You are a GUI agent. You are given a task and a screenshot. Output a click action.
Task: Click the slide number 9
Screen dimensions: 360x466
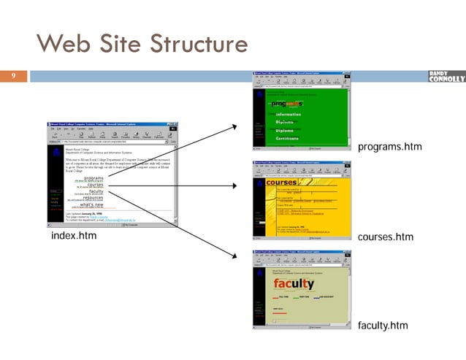click(12, 75)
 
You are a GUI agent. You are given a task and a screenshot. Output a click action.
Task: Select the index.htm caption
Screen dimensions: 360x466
click(74, 237)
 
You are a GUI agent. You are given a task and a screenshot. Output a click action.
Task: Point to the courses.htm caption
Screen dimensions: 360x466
click(386, 237)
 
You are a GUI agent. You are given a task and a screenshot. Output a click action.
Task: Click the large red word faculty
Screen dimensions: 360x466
click(294, 283)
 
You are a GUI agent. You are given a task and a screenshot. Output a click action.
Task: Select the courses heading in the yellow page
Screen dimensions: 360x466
click(282, 182)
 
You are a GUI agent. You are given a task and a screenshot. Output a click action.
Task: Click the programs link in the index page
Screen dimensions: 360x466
click(93, 177)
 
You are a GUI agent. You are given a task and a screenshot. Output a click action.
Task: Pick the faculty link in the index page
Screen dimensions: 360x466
click(96, 191)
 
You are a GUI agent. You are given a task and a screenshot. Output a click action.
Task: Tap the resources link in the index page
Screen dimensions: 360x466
click(93, 197)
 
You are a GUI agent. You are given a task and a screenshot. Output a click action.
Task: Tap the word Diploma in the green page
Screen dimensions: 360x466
click(288, 131)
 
